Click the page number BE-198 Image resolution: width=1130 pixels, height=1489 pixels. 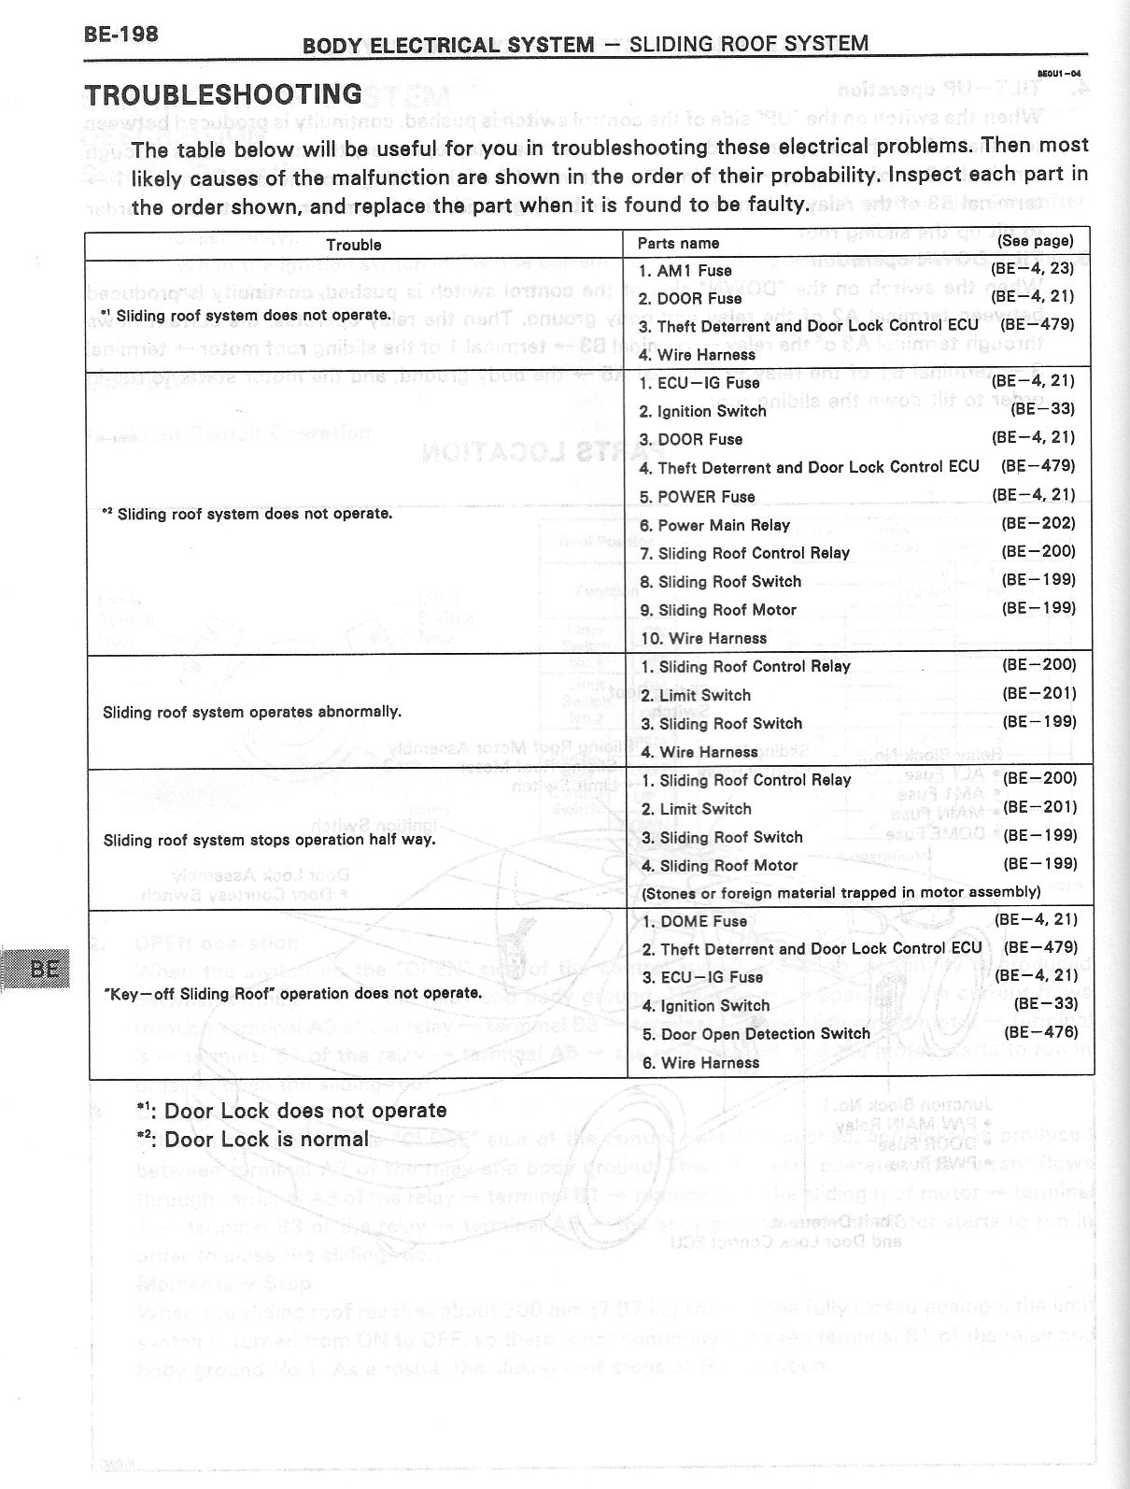[121, 35]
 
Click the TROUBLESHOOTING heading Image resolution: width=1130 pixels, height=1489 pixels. [223, 94]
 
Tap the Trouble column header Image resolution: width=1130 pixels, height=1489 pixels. [353, 245]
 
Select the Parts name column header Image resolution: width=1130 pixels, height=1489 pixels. [678, 243]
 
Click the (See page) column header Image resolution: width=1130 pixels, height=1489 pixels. [1035, 241]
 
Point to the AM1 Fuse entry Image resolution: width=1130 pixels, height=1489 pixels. [685, 270]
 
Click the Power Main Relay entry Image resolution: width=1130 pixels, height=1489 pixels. [714, 525]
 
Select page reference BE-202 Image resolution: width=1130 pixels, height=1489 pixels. [1038, 523]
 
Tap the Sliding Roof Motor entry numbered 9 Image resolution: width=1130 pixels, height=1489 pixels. [717, 610]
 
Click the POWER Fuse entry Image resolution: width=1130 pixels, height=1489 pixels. [697, 496]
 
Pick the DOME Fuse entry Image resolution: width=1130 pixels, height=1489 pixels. [694, 921]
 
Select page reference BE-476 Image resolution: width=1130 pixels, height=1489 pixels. [1040, 1032]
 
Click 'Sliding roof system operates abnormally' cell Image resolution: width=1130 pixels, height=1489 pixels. [252, 712]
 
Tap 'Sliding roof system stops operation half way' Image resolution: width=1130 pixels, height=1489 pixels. [270, 840]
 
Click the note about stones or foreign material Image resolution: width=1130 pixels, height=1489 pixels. [840, 892]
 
